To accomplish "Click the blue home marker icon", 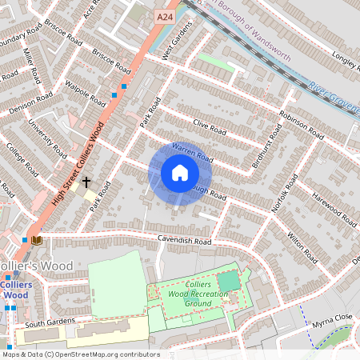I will (180, 174).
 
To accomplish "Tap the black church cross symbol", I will (86, 182).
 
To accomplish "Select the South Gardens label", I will (50, 324).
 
